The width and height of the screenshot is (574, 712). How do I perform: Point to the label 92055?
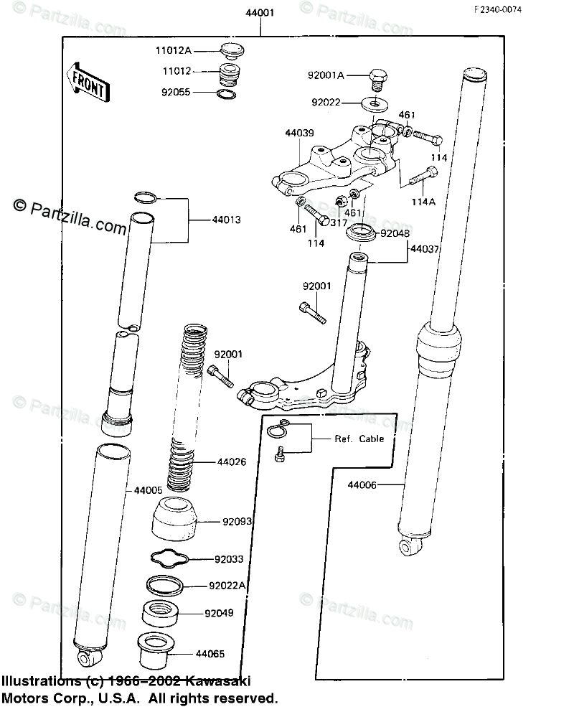click(174, 92)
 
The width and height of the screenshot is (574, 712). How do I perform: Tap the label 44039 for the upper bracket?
click(299, 133)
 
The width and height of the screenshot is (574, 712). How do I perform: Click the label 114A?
click(423, 202)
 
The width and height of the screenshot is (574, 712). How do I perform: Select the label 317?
click(339, 222)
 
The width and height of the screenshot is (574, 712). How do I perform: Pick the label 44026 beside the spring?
click(231, 462)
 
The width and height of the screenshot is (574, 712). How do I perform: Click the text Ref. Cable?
click(359, 439)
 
